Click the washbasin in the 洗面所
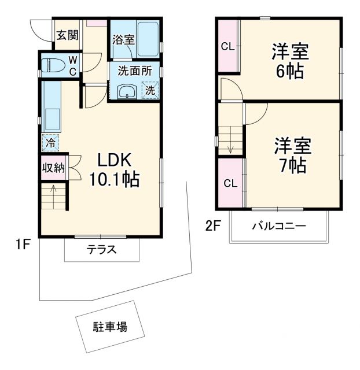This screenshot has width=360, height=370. click(x=127, y=91)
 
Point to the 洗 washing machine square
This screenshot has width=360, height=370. click(x=150, y=91)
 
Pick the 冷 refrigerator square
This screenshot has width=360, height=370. click(x=50, y=141)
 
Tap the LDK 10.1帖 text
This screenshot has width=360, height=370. click(x=113, y=170)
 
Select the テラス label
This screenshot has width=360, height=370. click(x=102, y=250)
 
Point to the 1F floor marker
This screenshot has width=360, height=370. click(x=23, y=245)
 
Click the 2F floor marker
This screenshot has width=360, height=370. click(x=213, y=225)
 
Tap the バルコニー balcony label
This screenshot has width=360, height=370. click(x=278, y=225)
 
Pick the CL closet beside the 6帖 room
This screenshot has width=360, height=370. click(x=227, y=47)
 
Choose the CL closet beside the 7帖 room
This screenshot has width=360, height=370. click(x=230, y=184)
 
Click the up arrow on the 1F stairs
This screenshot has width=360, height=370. click(x=54, y=188)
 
